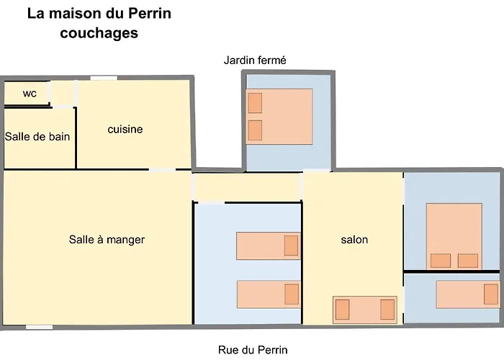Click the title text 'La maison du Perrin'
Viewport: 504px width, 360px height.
(x=99, y=14)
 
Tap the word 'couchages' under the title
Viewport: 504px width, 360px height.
(x=99, y=33)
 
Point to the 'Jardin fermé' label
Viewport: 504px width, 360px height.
(x=255, y=60)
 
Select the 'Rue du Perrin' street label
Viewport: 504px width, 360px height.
(x=253, y=351)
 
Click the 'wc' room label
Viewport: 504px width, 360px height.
(x=30, y=93)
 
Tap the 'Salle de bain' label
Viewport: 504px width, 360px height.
(x=37, y=136)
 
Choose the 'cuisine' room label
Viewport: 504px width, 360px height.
(x=125, y=130)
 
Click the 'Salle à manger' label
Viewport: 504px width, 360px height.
(x=107, y=239)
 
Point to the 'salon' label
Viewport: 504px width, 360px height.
(x=354, y=239)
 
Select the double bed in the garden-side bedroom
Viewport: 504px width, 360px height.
(x=279, y=117)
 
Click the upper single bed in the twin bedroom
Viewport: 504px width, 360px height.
(x=268, y=246)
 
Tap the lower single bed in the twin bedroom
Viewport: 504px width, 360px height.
(x=268, y=294)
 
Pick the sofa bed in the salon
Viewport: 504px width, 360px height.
(x=364, y=310)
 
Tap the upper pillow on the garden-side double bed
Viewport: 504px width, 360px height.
(x=255, y=103)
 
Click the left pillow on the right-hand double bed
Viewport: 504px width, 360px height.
(x=441, y=261)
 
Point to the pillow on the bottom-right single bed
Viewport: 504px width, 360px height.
(x=491, y=294)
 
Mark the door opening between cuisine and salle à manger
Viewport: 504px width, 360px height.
(x=162, y=170)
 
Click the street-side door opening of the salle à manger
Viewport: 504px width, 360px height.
(x=40, y=327)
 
